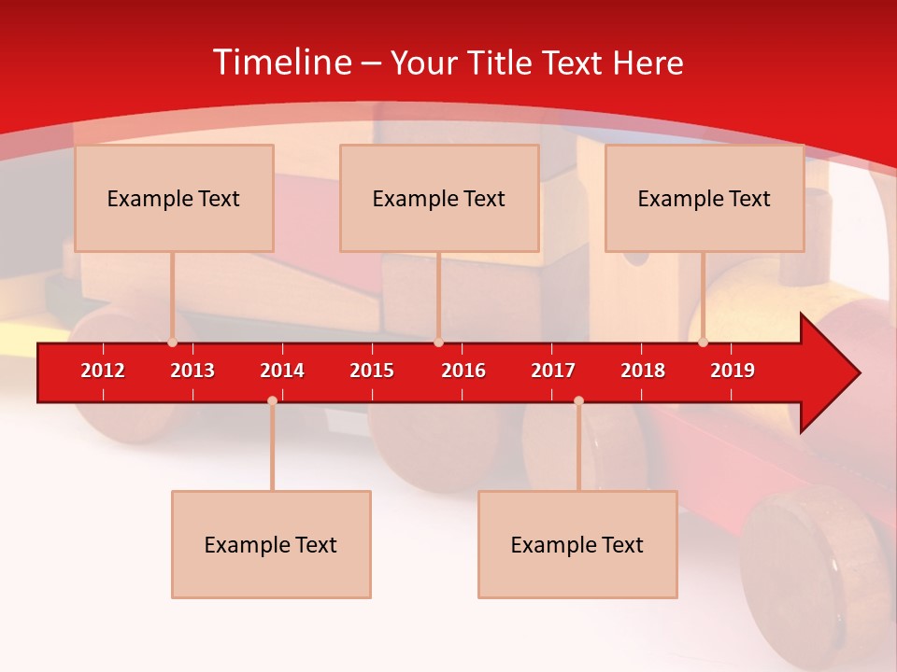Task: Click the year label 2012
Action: coord(103,371)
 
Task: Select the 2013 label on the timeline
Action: coord(192,371)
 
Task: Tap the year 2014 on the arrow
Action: coord(282,371)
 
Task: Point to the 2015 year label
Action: coord(372,371)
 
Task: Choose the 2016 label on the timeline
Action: coord(463,371)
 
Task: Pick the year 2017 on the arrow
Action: coord(553,371)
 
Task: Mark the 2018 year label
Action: coord(643,371)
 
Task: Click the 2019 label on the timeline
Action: coord(733,371)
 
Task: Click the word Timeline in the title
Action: coord(280,63)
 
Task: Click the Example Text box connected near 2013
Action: coord(174,198)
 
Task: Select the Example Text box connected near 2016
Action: coord(439,198)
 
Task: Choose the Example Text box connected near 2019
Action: coord(705,198)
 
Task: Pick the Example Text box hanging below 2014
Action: coord(271,544)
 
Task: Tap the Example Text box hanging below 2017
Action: coord(577,544)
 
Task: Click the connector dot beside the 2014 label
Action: coord(272,400)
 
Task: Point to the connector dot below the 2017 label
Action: coord(578,400)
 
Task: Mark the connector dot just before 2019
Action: coord(703,343)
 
